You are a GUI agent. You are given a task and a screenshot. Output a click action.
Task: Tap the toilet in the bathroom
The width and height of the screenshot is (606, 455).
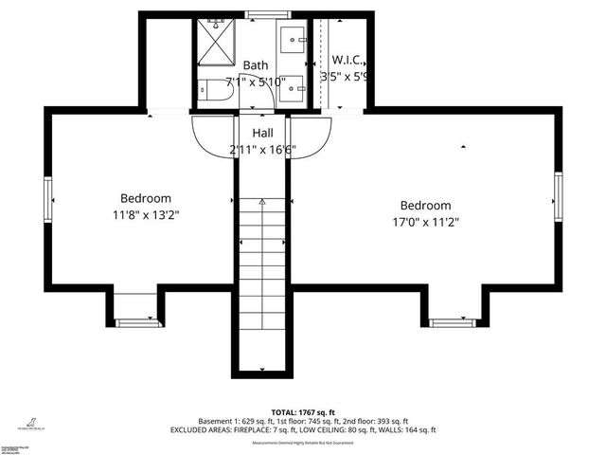[x=215, y=91]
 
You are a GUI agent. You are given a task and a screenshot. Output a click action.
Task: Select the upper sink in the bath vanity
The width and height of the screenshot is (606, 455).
[x=293, y=40]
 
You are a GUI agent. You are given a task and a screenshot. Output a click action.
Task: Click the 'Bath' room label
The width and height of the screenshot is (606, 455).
[x=255, y=65]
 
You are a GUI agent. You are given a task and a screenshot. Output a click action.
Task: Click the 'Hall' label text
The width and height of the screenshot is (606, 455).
[x=262, y=134]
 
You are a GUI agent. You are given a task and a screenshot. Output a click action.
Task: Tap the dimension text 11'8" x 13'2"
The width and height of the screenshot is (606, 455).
[x=145, y=215]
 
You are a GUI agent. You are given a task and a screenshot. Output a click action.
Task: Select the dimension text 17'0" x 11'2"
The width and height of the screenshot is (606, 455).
[x=425, y=223]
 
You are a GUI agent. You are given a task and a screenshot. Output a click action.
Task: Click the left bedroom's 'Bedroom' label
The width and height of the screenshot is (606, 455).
[x=145, y=198]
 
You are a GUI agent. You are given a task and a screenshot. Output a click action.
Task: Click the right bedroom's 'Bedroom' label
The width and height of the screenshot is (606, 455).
[x=425, y=206]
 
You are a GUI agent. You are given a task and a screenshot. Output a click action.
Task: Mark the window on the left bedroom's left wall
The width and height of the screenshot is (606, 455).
[x=46, y=198]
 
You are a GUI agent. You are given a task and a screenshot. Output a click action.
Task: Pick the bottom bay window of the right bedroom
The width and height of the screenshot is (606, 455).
[x=453, y=322]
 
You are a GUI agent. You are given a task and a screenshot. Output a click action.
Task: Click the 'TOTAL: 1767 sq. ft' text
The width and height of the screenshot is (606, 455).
[x=302, y=412]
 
